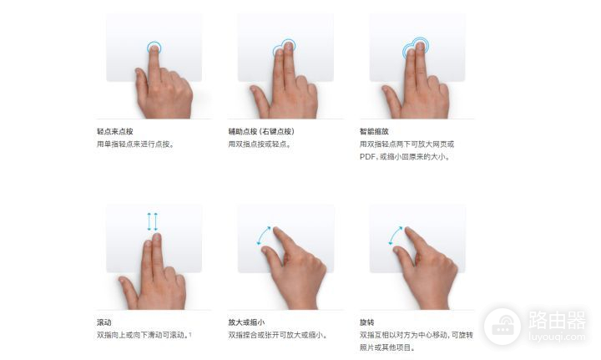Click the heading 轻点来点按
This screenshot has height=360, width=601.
tap(114, 131)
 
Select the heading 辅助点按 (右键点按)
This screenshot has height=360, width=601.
tap(261, 131)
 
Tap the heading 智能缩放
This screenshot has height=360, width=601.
tap(374, 131)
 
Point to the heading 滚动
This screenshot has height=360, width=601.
tap(104, 322)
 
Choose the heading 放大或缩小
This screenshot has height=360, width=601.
tap(246, 322)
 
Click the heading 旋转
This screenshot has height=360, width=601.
tap(366, 322)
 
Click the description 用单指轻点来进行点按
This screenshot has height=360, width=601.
tap(135, 145)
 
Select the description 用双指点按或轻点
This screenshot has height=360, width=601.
tap(260, 145)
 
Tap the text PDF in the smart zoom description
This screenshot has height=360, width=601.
tap(367, 157)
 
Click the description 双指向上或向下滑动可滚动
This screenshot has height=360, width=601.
tap(143, 335)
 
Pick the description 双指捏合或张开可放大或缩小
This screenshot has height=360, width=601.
tap(277, 335)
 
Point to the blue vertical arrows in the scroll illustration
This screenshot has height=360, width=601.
tap(153, 222)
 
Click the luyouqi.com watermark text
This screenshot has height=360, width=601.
tap(557, 337)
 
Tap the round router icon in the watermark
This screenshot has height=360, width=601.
tap(503, 327)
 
